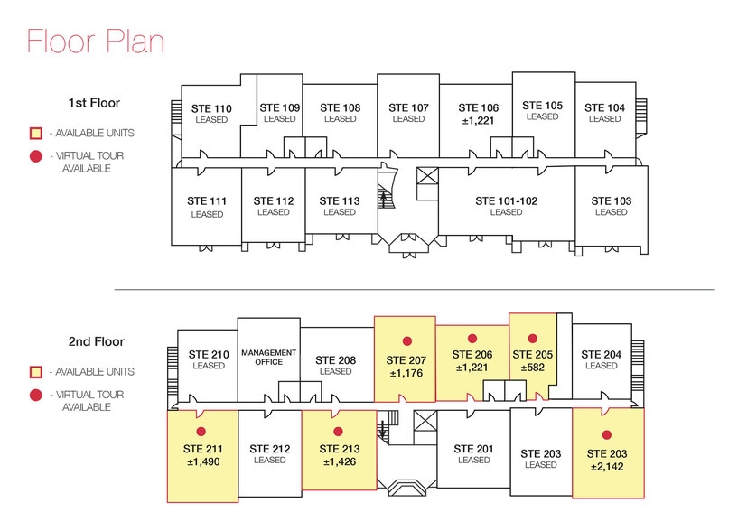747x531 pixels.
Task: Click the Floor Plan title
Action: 94,42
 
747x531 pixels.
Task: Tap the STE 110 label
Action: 211,109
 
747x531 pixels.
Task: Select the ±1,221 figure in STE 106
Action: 478,119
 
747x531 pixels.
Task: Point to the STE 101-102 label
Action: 506,200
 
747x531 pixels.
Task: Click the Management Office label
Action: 268,357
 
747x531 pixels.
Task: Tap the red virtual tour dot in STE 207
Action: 407,340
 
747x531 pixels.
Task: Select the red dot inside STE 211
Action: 201,431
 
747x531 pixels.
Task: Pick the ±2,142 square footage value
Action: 607,467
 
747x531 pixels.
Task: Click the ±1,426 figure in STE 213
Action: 339,461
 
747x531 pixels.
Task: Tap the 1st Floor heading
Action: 94,103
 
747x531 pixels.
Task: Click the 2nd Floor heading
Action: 95,342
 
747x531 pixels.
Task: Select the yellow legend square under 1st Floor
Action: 36,134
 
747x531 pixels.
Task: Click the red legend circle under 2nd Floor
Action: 36,395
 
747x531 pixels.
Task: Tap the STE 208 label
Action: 335,359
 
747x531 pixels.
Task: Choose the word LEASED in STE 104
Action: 604,119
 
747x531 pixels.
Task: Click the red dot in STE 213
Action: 338,431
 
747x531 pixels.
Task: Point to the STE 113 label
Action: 339,200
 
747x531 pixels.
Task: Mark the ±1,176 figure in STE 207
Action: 406,371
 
